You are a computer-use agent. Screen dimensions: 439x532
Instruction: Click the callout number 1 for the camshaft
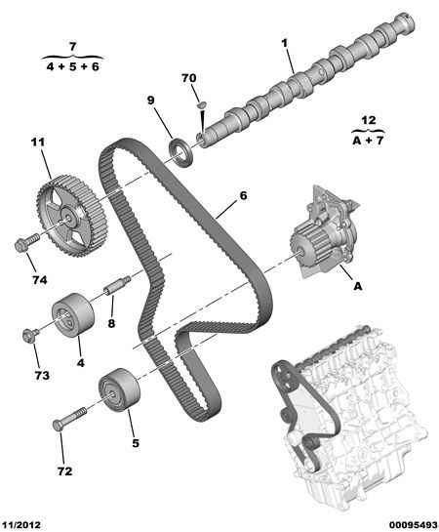(x=285, y=43)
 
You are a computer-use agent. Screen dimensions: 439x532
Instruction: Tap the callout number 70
(x=189, y=78)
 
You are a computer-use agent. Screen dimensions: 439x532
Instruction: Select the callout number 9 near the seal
(x=150, y=101)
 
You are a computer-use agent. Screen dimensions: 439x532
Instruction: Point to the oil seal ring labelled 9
(x=181, y=152)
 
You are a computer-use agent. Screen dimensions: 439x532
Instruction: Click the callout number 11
(x=38, y=143)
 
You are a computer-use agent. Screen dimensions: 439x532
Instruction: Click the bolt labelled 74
(x=26, y=243)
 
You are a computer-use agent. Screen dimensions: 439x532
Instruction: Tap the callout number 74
(x=40, y=280)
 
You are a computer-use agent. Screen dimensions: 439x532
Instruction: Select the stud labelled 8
(x=117, y=286)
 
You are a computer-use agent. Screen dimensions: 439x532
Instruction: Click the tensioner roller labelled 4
(x=73, y=314)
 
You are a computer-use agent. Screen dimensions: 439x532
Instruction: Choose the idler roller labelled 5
(x=119, y=389)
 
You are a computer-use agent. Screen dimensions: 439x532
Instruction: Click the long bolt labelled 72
(x=69, y=419)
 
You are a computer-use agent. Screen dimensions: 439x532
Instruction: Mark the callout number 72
(x=64, y=471)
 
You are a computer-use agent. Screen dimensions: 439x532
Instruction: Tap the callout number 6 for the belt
(x=243, y=196)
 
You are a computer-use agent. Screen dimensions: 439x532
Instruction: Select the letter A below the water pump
(x=358, y=286)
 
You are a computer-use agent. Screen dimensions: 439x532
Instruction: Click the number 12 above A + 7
(x=369, y=120)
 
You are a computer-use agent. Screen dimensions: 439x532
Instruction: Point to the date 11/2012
(x=21, y=525)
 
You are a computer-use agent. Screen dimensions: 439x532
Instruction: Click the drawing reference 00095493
(x=413, y=525)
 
